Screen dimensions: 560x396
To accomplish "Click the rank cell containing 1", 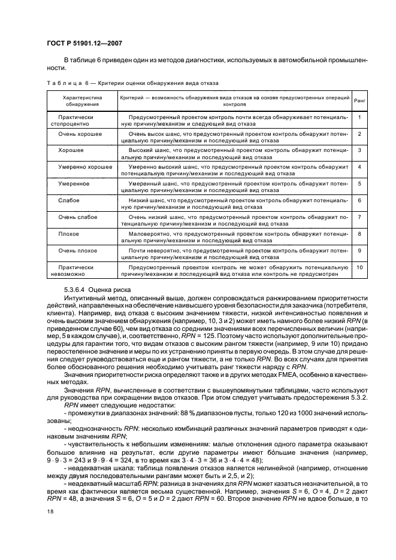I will (x=359, y=117).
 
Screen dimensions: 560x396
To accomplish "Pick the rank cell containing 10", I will (x=359, y=267).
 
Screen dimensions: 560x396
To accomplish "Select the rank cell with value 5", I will (x=359, y=184).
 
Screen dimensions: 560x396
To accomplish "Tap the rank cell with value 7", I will (x=359, y=217).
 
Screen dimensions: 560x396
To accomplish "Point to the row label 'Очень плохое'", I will (x=78, y=250).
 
